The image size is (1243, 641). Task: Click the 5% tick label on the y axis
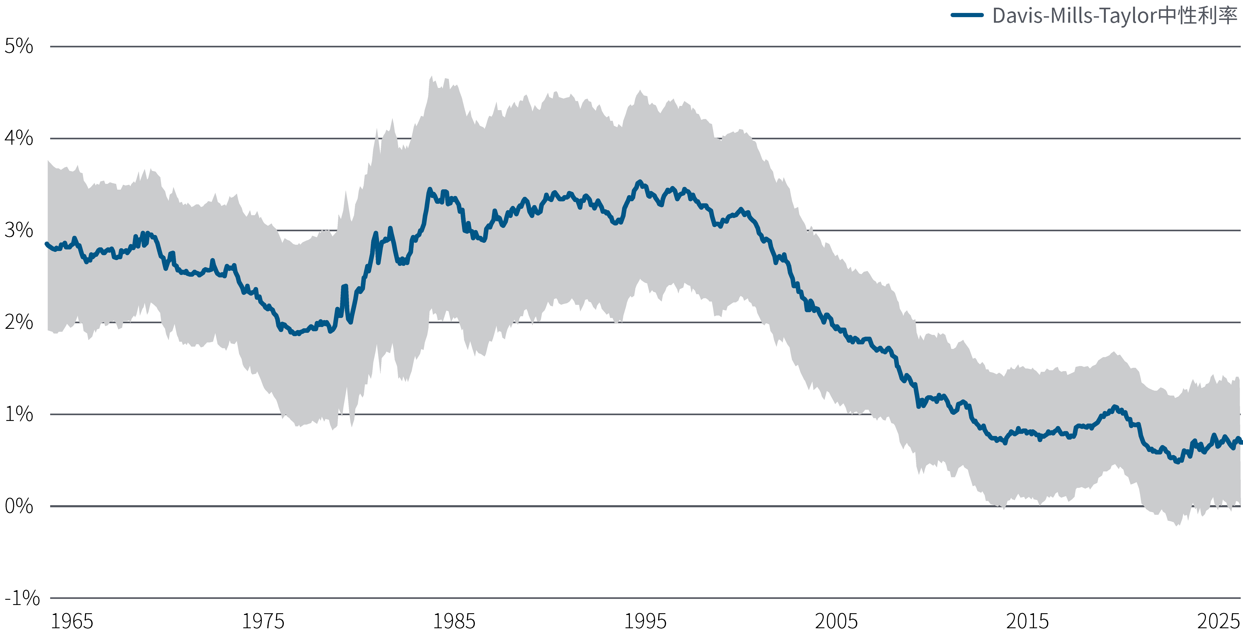pos(19,46)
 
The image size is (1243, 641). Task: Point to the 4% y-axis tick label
pos(19,138)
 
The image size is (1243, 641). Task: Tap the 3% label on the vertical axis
pos(19,230)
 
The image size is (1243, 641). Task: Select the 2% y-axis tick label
pos(19,322)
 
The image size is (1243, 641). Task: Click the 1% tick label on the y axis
pos(19,414)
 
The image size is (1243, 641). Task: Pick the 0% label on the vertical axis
pos(19,506)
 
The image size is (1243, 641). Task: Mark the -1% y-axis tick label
pos(22,598)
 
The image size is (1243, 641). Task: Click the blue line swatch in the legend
pos(967,15)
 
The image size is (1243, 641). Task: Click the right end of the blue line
pos(1240,441)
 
